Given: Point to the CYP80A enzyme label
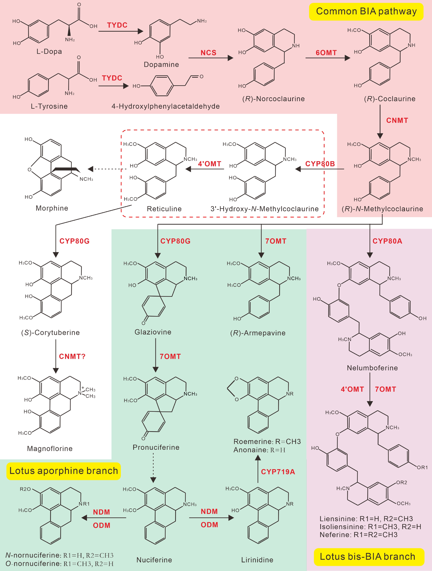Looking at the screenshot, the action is click(387, 241).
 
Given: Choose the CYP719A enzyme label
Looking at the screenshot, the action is click(278, 472).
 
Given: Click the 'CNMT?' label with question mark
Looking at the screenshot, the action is click(72, 357).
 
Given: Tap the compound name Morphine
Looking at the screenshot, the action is click(52, 208).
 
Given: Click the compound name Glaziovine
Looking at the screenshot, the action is click(153, 332).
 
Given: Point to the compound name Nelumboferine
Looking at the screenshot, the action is click(372, 368).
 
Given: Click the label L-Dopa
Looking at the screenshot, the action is click(49, 51).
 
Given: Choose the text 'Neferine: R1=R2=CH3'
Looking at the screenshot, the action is click(359, 535).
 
